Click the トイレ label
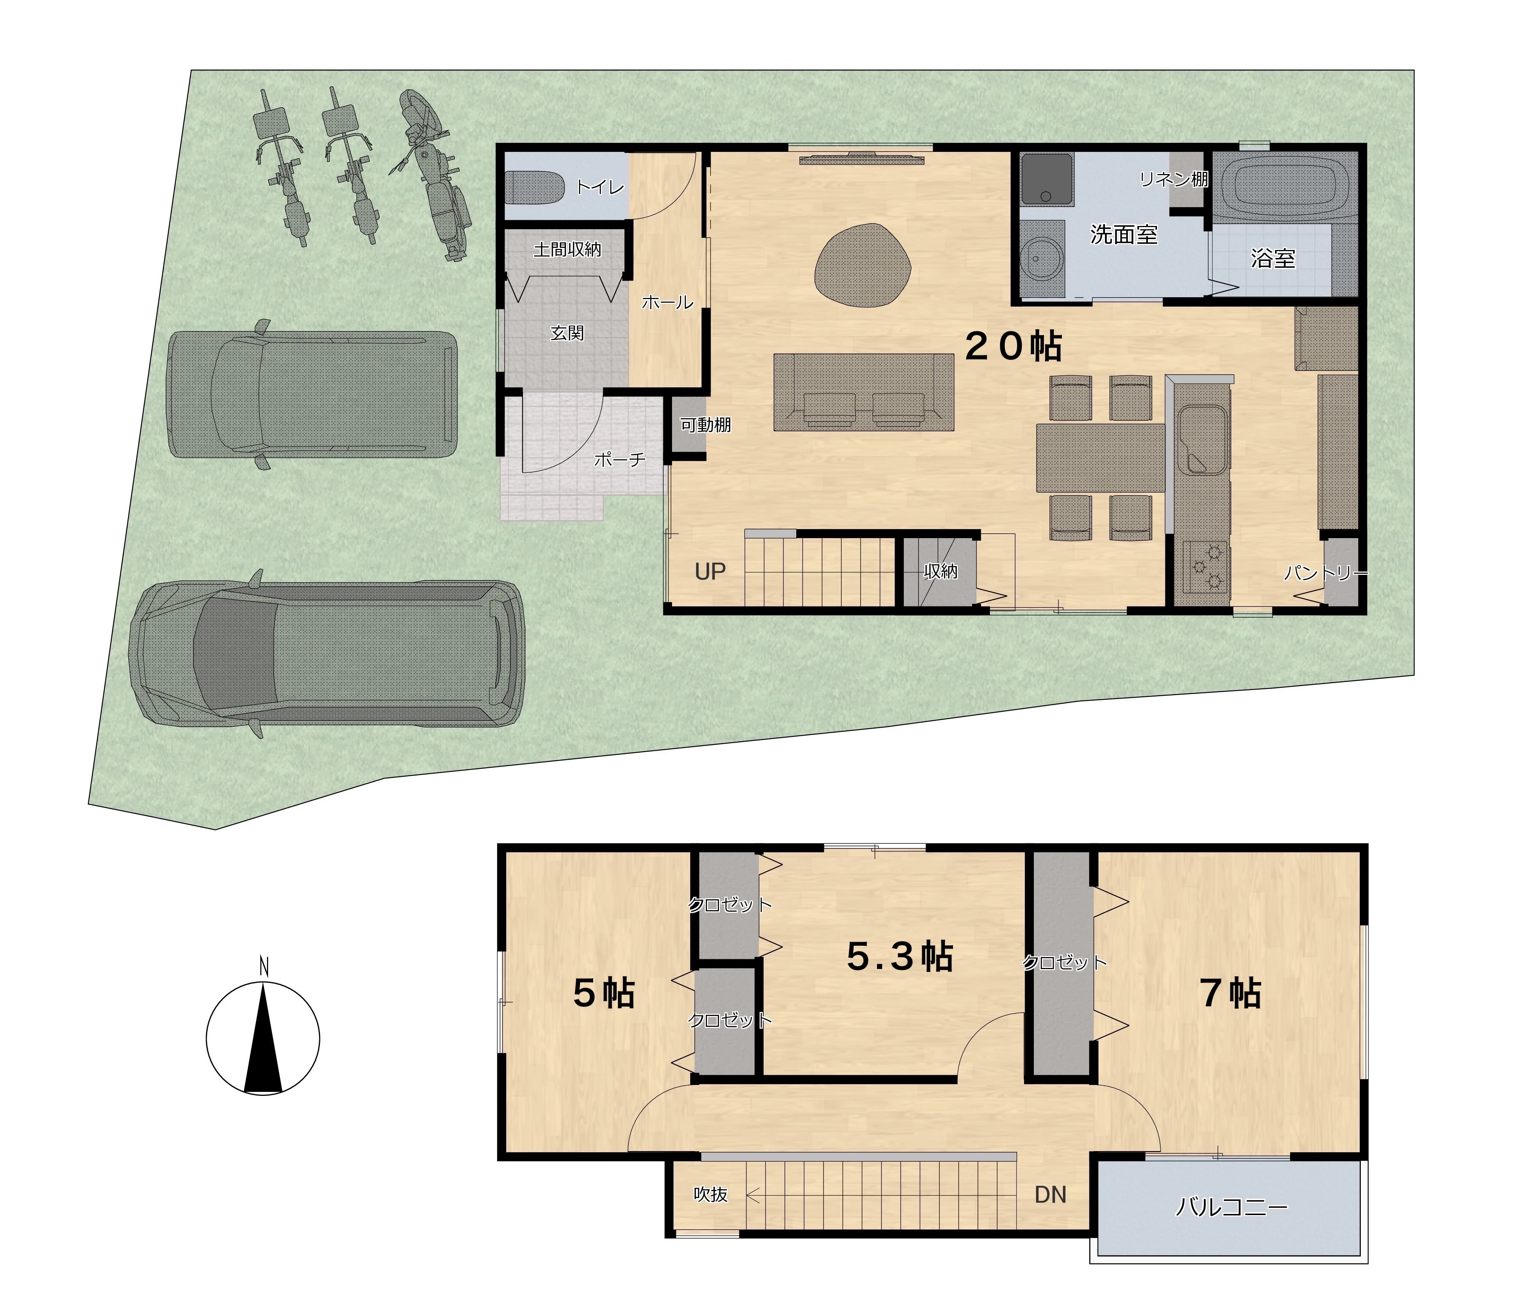point(600,187)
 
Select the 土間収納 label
point(567,250)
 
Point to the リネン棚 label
point(1174,179)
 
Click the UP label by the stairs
point(710,572)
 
